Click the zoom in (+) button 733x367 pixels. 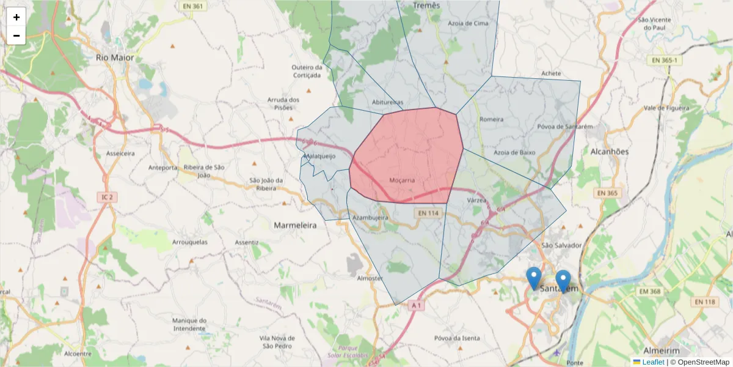[x=16, y=17]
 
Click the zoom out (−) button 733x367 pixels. [x=16, y=35]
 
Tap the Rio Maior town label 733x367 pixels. [x=115, y=57]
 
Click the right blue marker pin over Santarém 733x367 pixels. [x=563, y=281]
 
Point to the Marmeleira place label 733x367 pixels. [x=295, y=225]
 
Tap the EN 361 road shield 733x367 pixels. [x=192, y=6]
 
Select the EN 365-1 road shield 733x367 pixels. [x=665, y=60]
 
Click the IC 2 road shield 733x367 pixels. [x=108, y=197]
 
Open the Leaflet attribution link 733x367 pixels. [x=653, y=362]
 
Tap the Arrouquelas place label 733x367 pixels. [x=190, y=242]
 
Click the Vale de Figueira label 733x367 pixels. [x=666, y=108]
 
